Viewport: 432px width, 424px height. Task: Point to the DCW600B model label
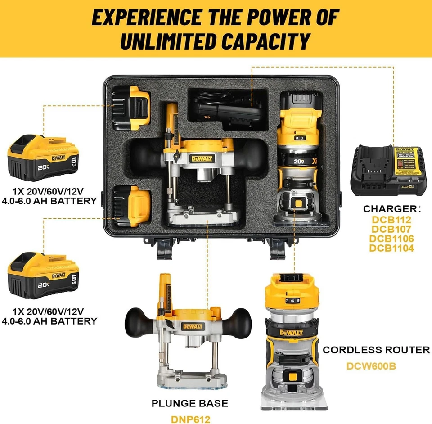(371, 365)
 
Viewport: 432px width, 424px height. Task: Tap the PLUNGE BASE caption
(189, 403)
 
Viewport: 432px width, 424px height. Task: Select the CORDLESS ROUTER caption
(376, 350)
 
